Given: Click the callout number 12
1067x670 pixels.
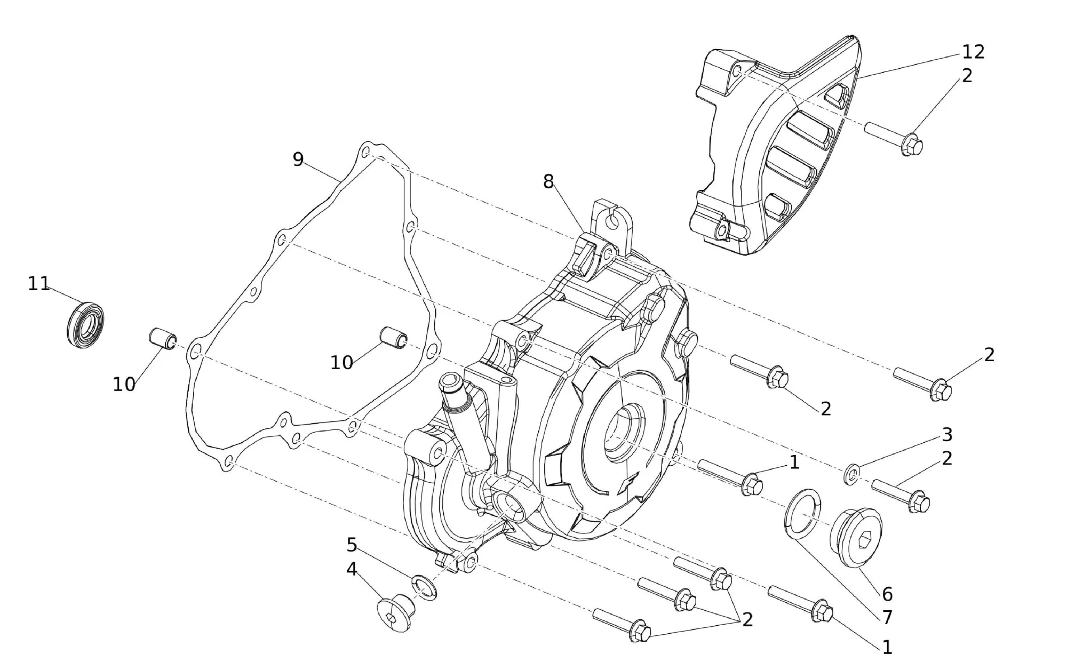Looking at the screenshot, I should [x=973, y=52].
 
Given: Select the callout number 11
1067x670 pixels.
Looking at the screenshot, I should [x=38, y=284].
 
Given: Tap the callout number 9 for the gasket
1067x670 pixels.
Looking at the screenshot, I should [x=298, y=159].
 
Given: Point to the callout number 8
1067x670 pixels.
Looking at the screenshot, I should [x=548, y=182].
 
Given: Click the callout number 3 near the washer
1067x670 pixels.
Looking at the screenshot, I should [x=947, y=435].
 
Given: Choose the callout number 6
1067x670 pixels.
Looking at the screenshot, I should [x=887, y=594].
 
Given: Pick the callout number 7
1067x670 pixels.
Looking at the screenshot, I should [x=887, y=618].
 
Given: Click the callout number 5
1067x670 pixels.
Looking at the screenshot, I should [x=352, y=545].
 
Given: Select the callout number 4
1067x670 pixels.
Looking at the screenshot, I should [x=352, y=569].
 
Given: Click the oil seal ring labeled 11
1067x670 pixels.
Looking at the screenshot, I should [x=86, y=325].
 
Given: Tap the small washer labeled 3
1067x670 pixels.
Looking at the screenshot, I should [x=851, y=474].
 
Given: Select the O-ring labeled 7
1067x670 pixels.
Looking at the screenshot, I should [x=802, y=514].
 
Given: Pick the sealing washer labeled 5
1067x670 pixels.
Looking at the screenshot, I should [x=425, y=586].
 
